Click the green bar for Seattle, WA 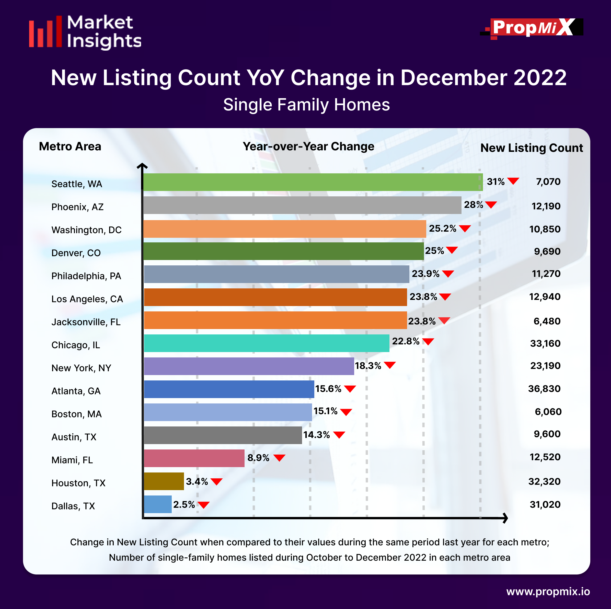(313, 182)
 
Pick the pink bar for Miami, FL (194, 458)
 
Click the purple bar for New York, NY (249, 366)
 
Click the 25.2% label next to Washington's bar (442, 228)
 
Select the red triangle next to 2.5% (203, 505)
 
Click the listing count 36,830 (544, 389)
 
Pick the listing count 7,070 (548, 182)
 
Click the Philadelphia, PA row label (86, 276)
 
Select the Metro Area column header (70, 146)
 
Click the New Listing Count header (531, 148)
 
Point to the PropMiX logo (532, 28)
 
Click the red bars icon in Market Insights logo (45, 32)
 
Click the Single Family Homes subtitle (306, 105)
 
